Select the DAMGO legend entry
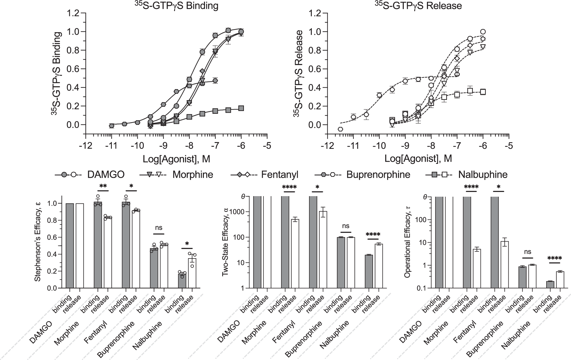tap(106, 175)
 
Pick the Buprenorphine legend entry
tap(378, 175)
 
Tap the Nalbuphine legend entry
tap(483, 175)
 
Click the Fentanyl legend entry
tap(280, 175)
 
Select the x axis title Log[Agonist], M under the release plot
tap(418, 159)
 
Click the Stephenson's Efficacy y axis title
tap(38, 242)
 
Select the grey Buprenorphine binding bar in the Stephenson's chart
tap(154, 268)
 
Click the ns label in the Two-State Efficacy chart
tap(346, 226)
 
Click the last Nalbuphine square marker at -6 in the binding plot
tap(241, 108)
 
